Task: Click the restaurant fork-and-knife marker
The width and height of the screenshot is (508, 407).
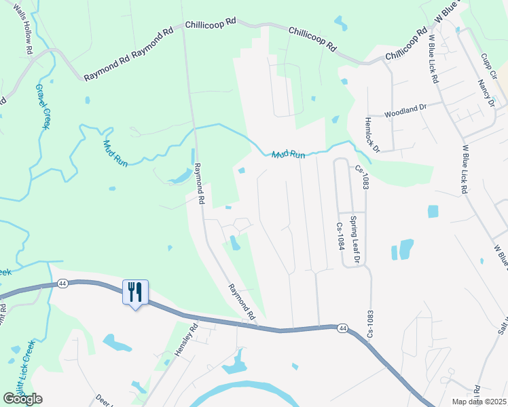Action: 135,293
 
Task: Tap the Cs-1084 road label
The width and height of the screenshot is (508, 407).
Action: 340,236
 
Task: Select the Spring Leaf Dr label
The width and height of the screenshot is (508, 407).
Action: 354,239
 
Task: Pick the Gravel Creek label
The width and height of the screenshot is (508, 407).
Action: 43,107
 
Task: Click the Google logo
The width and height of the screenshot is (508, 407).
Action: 22,398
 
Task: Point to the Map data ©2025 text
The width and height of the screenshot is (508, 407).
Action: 479,402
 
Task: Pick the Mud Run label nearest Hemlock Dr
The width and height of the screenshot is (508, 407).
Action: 289,155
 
